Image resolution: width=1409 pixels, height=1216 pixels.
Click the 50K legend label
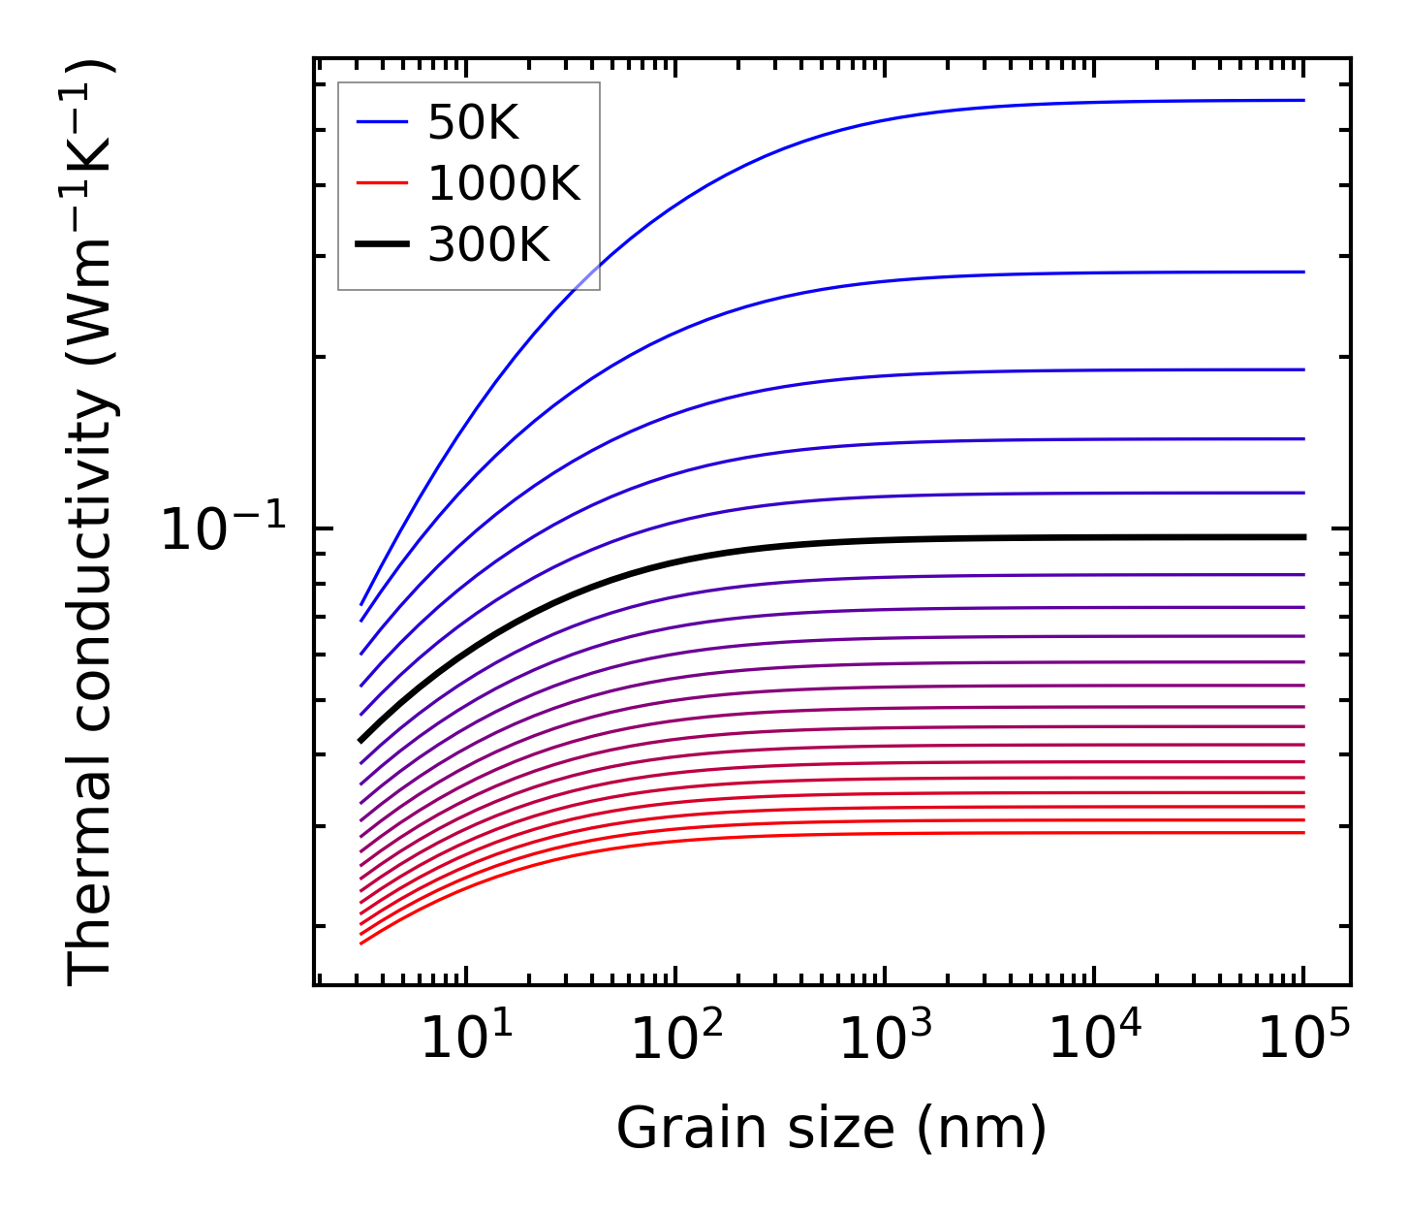(x=473, y=123)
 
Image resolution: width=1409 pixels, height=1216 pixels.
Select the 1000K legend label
(x=503, y=183)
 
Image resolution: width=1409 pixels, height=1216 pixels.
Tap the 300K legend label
(x=488, y=245)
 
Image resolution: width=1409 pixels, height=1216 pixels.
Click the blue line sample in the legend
(x=382, y=123)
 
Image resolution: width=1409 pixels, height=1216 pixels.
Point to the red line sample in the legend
(x=382, y=183)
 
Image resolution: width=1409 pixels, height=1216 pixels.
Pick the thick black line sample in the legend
(x=382, y=245)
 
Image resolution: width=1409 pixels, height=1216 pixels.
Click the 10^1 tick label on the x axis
(x=467, y=1039)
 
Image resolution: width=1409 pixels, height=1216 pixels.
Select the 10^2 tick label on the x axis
(x=676, y=1039)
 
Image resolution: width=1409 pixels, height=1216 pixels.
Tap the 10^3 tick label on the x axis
(x=886, y=1039)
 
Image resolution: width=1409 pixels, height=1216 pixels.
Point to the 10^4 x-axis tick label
(x=1095, y=1039)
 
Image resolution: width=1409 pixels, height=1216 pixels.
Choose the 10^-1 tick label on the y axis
(x=224, y=530)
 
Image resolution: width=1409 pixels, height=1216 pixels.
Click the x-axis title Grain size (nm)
(x=831, y=1129)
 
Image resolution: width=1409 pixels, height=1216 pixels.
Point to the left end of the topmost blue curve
(x=361, y=604)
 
